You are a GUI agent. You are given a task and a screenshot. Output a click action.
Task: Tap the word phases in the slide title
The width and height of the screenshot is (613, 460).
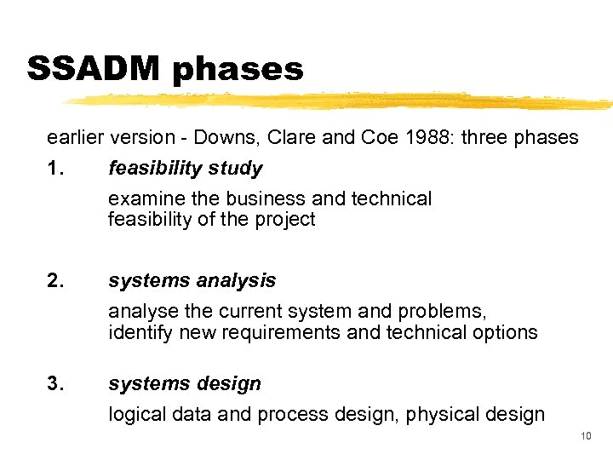coord(238,70)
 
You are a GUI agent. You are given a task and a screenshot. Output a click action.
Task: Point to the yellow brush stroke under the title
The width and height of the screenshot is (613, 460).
coord(341,101)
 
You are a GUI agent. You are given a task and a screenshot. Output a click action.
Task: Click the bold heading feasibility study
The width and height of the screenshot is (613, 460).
coord(186,169)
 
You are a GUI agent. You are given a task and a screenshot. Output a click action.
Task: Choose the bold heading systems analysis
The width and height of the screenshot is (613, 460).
coord(192,280)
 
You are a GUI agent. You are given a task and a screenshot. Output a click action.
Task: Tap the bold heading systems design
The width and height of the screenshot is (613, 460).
coord(185,384)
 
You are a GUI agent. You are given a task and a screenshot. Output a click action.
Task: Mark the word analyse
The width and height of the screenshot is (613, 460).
coord(140,312)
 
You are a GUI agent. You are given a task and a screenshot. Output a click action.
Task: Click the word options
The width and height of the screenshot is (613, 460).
coord(506,332)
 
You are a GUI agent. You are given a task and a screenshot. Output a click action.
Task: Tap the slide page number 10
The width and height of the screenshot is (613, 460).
coord(586,437)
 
